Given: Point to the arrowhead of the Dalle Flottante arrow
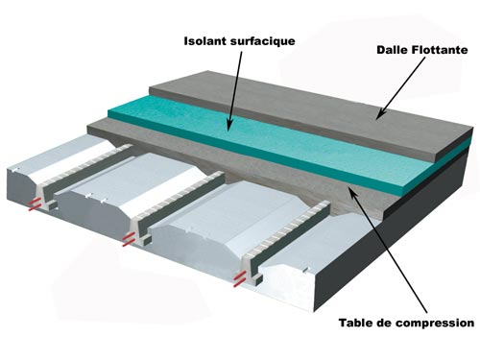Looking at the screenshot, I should [x=379, y=115].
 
